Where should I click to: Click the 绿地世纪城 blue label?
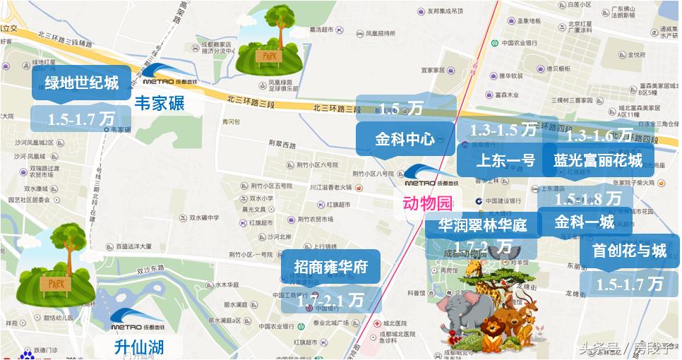point(81,83)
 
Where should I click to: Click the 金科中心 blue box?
point(405,138)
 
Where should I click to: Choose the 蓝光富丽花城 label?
point(598,160)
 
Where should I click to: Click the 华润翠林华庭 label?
point(482,226)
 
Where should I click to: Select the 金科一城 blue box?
point(585,222)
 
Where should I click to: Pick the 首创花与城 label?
point(629,251)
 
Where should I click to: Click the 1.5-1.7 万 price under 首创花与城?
point(629,284)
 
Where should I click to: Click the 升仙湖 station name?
point(139,347)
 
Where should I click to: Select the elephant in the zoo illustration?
point(457,311)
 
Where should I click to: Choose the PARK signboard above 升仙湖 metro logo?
point(55,283)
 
